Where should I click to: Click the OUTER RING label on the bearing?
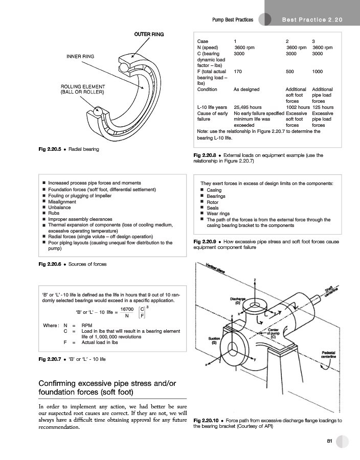pos(149,34)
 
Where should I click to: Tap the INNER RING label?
pos(80,56)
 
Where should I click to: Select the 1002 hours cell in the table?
pos(298,107)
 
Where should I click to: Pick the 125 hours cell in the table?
pos(323,107)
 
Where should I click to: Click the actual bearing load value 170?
pos(238,72)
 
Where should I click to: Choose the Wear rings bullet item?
pos(218,214)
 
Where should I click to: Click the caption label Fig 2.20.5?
pos(50,149)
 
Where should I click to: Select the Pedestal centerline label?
pos(328,354)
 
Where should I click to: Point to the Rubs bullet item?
pos(54,213)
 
